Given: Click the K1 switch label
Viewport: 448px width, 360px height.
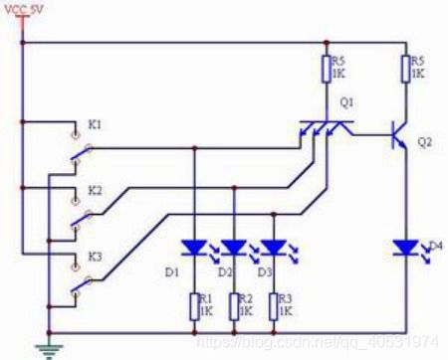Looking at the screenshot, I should (95, 124).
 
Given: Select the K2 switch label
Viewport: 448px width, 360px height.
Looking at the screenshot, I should (95, 189).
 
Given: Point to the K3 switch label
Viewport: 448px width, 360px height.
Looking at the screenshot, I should (95, 256).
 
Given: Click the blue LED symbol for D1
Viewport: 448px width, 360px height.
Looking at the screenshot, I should (194, 248).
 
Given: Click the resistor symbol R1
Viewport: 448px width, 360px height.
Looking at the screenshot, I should (194, 304).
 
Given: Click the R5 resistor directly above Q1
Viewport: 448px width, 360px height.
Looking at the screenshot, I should (327, 69).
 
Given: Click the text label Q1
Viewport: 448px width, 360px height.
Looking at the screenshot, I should (345, 102).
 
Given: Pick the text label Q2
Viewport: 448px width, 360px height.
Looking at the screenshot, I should (425, 142).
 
